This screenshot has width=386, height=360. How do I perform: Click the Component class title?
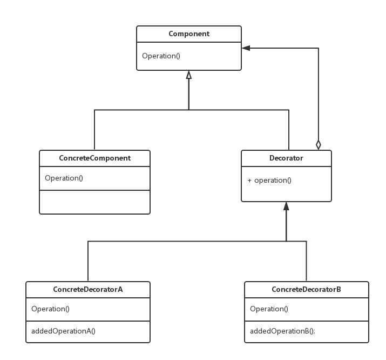pyautogui.click(x=189, y=34)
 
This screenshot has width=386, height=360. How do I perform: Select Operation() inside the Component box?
pyautogui.click(x=161, y=56)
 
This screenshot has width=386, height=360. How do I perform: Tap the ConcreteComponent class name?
pyautogui.click(x=95, y=158)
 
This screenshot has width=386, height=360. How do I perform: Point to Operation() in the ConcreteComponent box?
pyautogui.click(x=64, y=178)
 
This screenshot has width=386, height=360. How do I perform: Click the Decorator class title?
pyautogui.click(x=286, y=158)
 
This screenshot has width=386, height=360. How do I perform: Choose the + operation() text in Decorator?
pyautogui.click(x=269, y=181)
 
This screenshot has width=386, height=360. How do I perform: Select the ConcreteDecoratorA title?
pyautogui.click(x=88, y=289)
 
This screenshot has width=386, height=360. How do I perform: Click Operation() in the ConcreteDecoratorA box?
pyautogui.click(x=50, y=309)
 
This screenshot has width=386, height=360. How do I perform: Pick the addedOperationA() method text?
pyautogui.click(x=63, y=331)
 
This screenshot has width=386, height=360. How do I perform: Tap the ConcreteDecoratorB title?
pyautogui.click(x=306, y=289)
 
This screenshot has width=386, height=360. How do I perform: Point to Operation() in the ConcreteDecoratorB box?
pyautogui.click(x=269, y=309)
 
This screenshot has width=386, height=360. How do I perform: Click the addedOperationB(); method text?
pyautogui.click(x=282, y=331)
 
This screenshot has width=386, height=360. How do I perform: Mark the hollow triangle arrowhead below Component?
pyautogui.click(x=189, y=75)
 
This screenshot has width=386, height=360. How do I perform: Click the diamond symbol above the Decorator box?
pyautogui.click(x=319, y=145)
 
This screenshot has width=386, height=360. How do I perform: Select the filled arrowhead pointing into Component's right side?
pyautogui.click(x=246, y=48)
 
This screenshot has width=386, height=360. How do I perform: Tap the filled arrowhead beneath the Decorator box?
pyautogui.click(x=286, y=206)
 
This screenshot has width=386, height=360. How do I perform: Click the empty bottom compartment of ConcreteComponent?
pyautogui.click(x=95, y=202)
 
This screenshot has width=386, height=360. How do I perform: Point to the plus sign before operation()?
pyautogui.click(x=249, y=181)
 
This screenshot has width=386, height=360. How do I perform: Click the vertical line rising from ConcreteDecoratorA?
pyautogui.click(x=88, y=261)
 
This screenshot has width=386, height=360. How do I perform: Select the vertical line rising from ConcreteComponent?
pyautogui.click(x=94, y=130)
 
